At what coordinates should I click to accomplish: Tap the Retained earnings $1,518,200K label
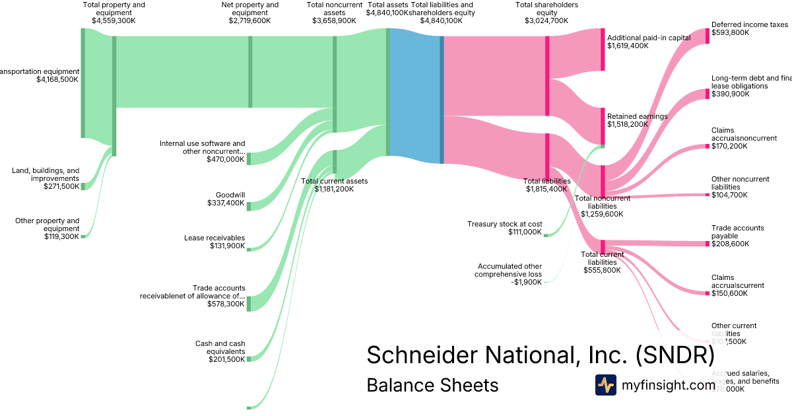tap(637, 120)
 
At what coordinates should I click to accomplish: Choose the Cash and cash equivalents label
tap(220, 351)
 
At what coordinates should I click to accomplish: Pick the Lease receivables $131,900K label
tap(214, 242)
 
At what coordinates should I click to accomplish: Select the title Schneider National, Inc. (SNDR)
tap(540, 355)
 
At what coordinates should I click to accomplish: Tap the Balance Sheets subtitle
tap(432, 385)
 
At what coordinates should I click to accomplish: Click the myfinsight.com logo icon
tap(605, 385)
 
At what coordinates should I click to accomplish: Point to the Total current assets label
tap(334, 184)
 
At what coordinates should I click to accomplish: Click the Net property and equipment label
tap(250, 13)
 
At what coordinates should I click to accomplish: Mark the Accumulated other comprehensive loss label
tap(509, 274)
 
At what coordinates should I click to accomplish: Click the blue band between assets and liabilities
tap(414, 96)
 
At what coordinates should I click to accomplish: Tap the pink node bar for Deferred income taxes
tap(708, 36)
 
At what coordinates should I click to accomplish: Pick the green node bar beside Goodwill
tap(249, 206)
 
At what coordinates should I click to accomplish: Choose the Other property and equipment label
tap(47, 228)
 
